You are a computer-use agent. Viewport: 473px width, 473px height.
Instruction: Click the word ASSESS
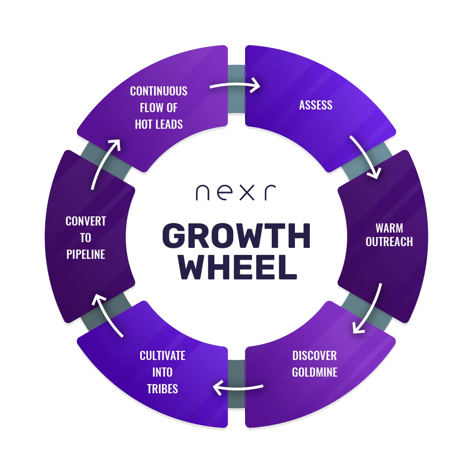coord(315,105)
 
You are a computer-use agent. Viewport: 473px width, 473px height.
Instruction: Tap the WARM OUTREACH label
coord(389,235)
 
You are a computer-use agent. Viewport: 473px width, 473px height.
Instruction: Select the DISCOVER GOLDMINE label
coord(315,364)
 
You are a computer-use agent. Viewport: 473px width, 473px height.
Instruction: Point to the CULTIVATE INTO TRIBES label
coord(162,372)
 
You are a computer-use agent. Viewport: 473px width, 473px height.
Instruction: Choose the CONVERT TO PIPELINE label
coord(86,238)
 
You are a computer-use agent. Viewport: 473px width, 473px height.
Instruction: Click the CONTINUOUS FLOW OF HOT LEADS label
coord(158,108)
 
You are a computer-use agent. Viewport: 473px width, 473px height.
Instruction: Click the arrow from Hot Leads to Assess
coord(235,85)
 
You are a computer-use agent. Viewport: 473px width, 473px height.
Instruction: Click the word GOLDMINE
coord(315,372)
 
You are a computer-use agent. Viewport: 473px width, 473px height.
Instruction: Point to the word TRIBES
coord(162,388)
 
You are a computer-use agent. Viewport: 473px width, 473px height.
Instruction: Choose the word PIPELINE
coord(86,254)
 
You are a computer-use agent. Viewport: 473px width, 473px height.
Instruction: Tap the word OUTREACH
coord(389,241)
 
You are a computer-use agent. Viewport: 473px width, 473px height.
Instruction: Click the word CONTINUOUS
coord(158,91)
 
